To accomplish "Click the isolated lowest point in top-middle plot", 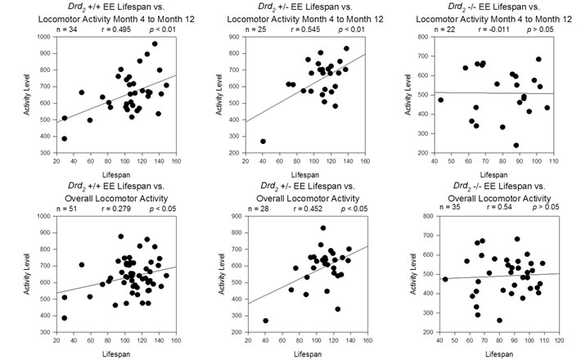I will click(263, 142).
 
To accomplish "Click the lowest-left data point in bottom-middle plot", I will click(265, 321).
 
